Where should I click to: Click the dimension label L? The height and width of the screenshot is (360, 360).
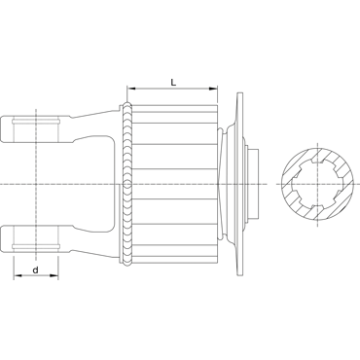[x=173, y=83]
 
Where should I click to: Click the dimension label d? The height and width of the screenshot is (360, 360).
[x=36, y=270]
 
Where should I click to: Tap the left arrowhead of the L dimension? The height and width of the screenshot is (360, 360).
[x=130, y=89]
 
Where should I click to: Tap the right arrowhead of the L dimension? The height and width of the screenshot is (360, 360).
[x=213, y=89]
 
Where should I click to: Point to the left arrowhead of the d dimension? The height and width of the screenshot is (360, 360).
[x=18, y=275]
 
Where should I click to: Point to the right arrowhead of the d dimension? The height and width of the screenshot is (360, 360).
[x=54, y=275]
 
